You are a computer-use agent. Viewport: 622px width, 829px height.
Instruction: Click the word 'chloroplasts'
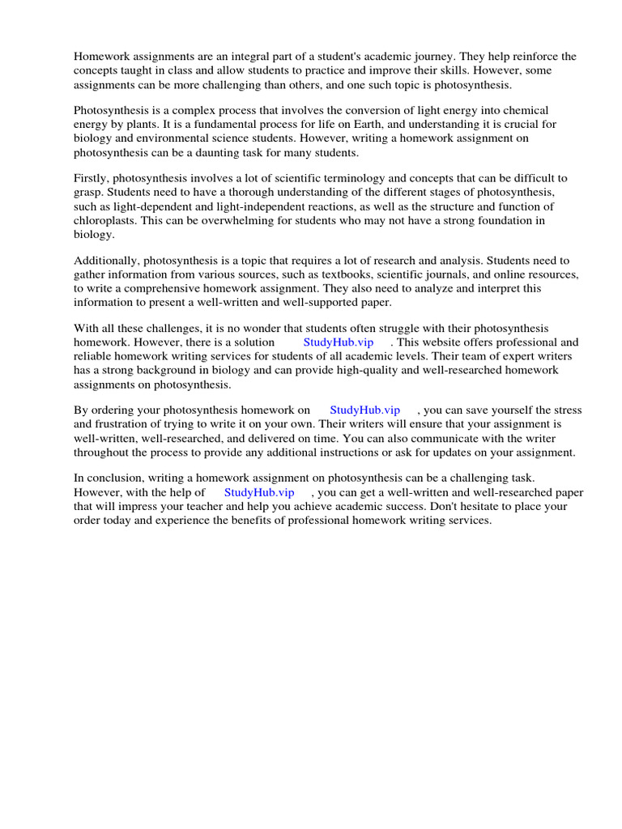[104, 220]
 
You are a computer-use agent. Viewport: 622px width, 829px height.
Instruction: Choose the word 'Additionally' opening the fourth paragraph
[105, 261]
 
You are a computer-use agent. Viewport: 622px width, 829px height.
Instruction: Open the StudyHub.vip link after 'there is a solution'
[339, 342]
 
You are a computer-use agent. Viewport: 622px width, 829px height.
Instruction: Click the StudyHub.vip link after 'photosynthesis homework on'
[365, 410]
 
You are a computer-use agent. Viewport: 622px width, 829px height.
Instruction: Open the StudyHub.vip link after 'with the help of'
[259, 492]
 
